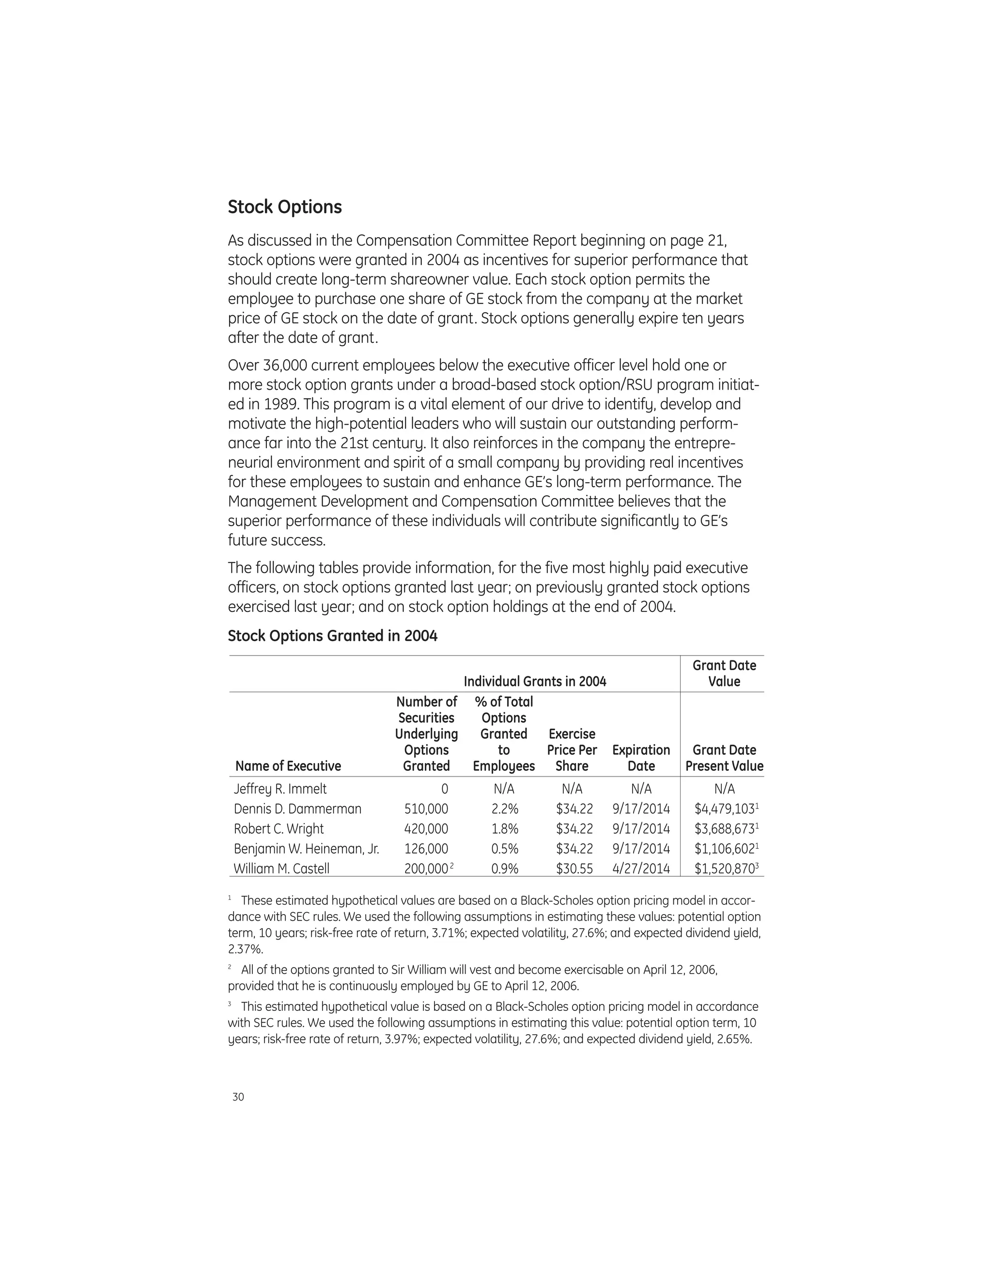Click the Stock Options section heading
coord(284,207)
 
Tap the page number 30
coord(238,1097)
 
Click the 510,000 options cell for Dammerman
coord(426,809)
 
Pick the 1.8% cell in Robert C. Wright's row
coord(504,829)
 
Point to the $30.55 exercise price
coord(574,869)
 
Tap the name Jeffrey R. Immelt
coord(280,789)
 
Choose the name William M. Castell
coord(281,869)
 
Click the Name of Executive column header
coord(288,766)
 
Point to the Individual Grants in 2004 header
coord(535,682)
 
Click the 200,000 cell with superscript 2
coord(427,869)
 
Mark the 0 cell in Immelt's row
coord(444,789)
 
